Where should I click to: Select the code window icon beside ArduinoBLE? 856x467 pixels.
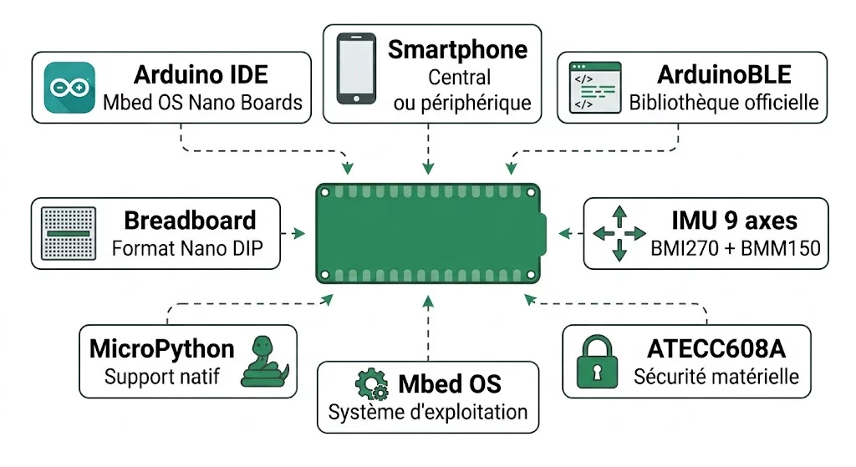click(595, 87)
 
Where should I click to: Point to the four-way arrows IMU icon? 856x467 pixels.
click(619, 233)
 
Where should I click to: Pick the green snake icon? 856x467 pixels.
click(265, 361)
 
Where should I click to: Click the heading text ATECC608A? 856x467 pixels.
click(716, 350)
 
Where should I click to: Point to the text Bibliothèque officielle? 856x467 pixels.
click(724, 103)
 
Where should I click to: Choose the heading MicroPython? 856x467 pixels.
click(162, 349)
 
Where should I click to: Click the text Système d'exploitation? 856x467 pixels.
click(427, 412)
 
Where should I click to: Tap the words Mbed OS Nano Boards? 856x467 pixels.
click(202, 103)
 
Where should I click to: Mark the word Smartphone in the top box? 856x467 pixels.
click(457, 49)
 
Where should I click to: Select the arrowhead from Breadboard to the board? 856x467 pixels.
click(298, 233)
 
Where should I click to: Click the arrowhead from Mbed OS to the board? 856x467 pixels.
click(428, 299)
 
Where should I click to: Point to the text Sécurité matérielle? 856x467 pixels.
click(716, 377)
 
